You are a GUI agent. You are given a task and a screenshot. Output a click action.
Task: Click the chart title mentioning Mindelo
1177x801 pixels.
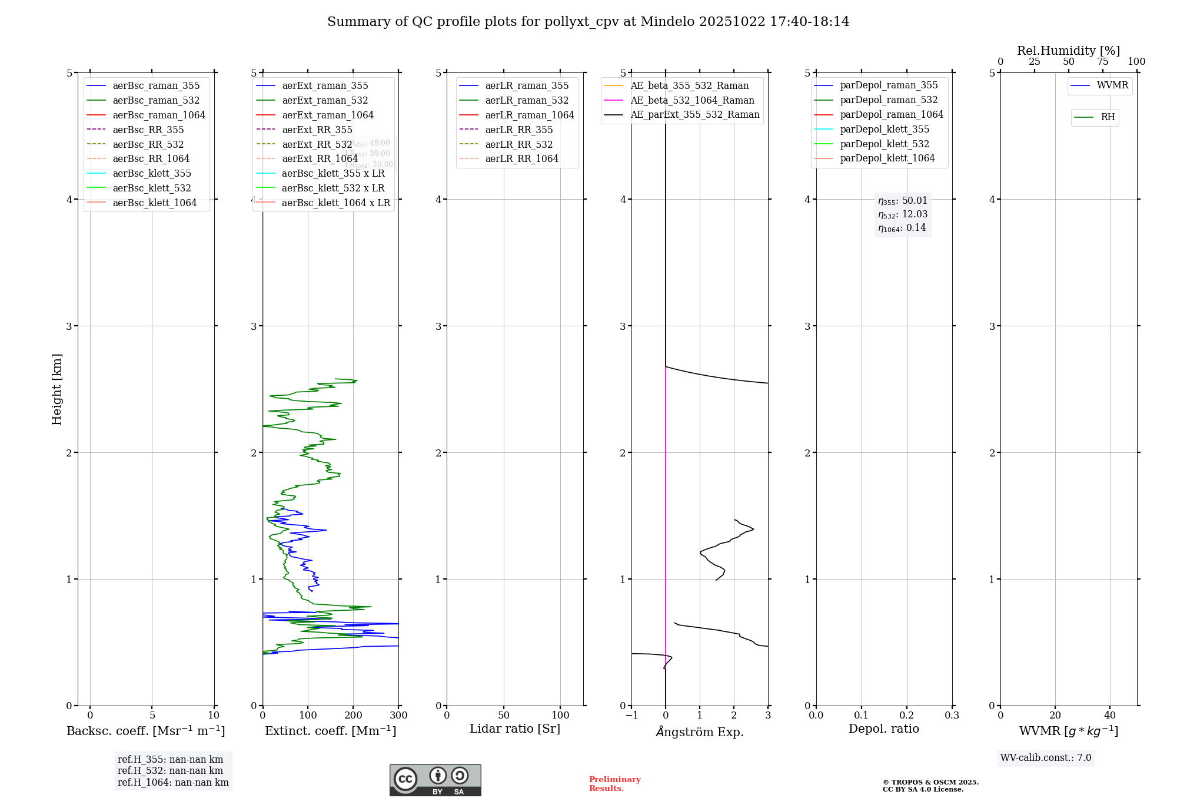pos(588,22)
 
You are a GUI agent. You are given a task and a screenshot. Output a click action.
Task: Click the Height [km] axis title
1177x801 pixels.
pos(56,389)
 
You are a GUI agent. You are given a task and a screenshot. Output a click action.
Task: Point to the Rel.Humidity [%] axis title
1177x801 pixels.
pos(1068,51)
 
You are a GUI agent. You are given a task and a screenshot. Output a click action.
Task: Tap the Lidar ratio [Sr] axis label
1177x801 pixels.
pos(515,729)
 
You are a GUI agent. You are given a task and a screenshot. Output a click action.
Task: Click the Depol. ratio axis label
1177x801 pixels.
pos(883,729)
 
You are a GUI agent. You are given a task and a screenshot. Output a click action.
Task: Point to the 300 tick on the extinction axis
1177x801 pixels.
pos(398,716)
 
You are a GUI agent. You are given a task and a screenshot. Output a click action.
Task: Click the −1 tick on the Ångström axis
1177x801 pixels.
pos(631,716)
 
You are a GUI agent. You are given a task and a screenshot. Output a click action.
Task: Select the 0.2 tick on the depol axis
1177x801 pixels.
pos(907,716)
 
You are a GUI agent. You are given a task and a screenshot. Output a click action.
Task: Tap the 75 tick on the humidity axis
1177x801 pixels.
pos(1102,62)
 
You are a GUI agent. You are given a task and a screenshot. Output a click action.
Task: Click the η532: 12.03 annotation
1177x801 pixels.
pos(903,214)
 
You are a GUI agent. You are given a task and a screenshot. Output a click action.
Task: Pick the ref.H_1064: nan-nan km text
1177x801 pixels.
pos(173,782)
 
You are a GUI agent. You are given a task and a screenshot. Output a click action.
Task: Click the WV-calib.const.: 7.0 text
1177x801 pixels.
pos(1046,758)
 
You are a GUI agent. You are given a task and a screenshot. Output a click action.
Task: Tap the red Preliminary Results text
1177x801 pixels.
pos(614,784)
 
